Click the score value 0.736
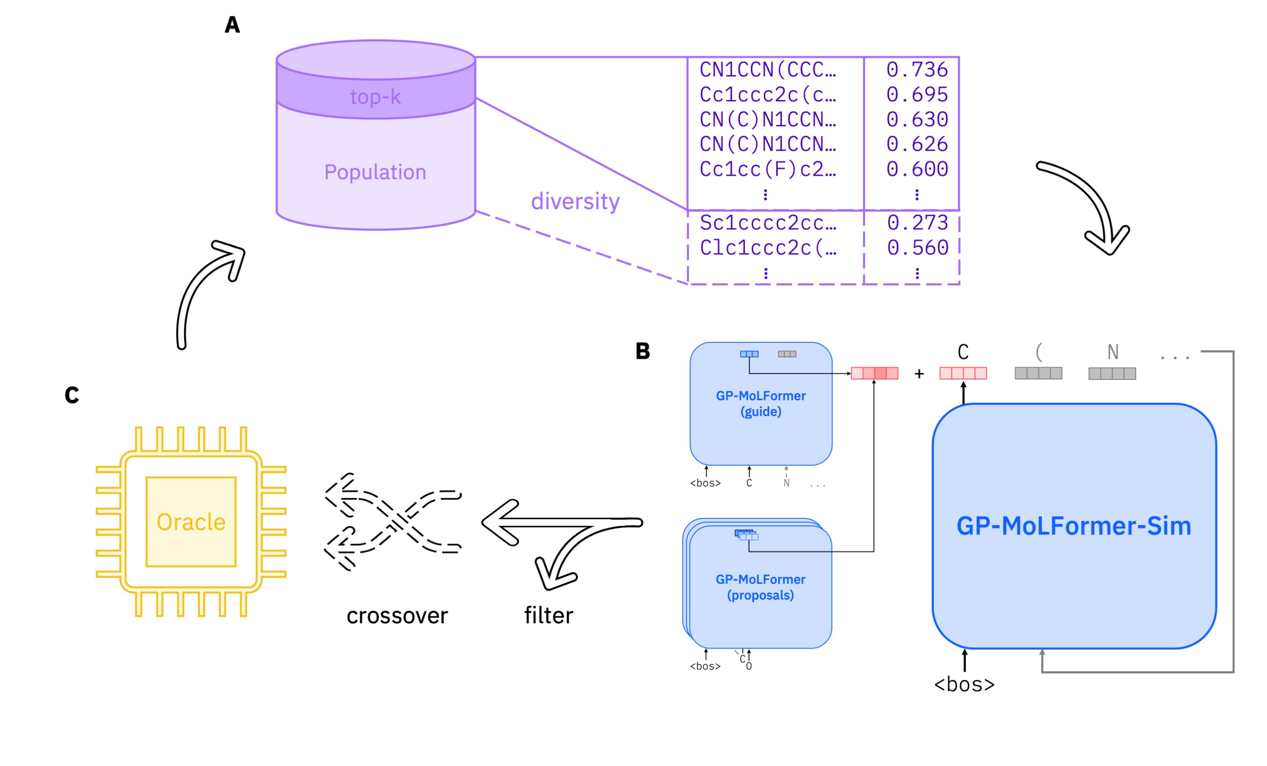point(917,69)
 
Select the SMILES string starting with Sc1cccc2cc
point(768,223)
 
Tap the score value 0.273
point(917,223)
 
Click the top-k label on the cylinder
point(375,97)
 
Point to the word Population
point(375,172)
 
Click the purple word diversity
point(575,201)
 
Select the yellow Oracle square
point(191,522)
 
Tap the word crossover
point(397,615)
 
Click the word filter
point(549,615)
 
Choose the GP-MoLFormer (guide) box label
point(761,403)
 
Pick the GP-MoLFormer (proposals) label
point(761,587)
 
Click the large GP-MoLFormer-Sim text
point(1073,526)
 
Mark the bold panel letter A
point(232,25)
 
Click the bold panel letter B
point(643,351)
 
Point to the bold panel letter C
point(72,395)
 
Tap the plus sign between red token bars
point(919,374)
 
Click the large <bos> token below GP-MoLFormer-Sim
point(964,684)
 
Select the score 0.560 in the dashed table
point(917,248)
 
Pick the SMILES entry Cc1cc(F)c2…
point(768,169)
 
